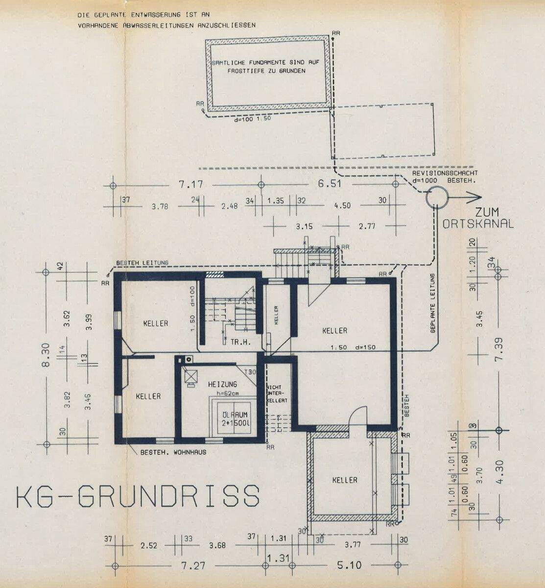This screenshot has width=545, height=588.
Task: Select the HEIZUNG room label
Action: [x=222, y=384]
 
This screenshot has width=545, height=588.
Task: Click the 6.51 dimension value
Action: [x=329, y=185]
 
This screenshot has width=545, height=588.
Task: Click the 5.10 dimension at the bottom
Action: [x=350, y=565]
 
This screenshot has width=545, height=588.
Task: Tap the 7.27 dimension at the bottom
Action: [x=192, y=565]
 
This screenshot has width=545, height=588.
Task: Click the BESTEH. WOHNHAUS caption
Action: [x=173, y=452]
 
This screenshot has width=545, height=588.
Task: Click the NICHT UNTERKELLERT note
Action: [x=273, y=393]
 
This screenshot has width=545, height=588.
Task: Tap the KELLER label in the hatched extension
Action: [x=345, y=480]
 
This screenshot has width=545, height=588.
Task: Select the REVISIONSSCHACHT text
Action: [x=445, y=173]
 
